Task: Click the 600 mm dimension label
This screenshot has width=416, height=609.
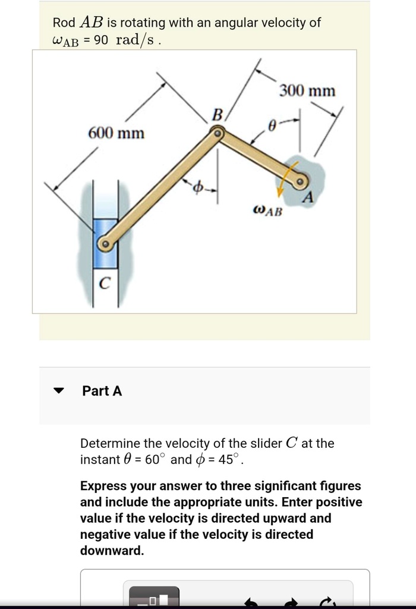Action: tap(116, 133)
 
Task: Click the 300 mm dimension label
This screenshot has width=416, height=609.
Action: tap(307, 91)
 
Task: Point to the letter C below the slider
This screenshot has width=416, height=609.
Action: tap(104, 285)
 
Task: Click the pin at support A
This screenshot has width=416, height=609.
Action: tap(301, 181)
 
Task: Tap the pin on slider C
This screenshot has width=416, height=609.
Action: tap(105, 244)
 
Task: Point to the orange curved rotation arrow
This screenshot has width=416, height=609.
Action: tap(284, 181)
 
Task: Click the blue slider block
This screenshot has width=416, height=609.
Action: tap(105, 235)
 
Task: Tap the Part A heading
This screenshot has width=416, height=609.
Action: tap(102, 391)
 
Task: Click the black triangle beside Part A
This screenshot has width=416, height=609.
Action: tap(58, 391)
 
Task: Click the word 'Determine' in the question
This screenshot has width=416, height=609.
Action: tap(110, 443)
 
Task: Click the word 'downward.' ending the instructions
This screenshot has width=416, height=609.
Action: tap(112, 550)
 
